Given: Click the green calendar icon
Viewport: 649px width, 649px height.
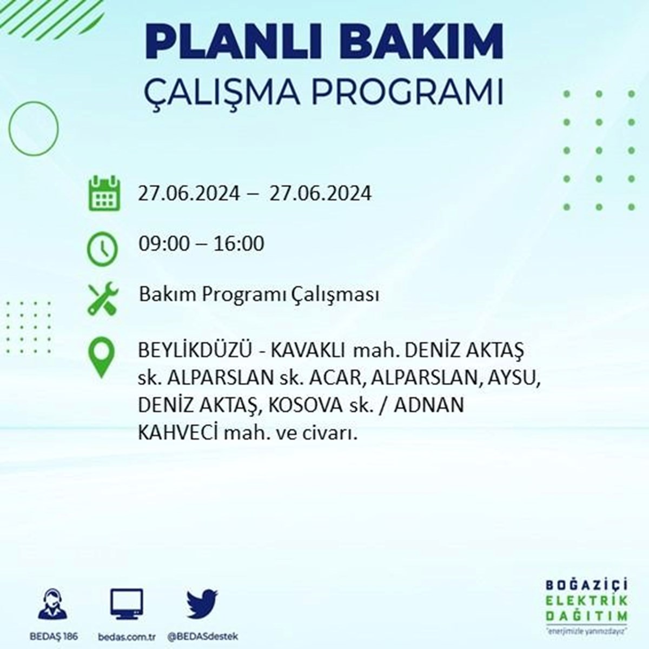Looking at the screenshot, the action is coord(104,193).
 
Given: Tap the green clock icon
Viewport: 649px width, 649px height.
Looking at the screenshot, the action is coord(102,249).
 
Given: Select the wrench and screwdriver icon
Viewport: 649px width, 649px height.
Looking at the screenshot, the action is coord(103,299).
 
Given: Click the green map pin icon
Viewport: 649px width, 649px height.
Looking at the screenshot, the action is coord(102,357).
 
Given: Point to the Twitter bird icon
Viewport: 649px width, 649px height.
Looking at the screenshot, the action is coord(202,604).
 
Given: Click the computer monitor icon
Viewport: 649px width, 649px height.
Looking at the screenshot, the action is coord(127,605).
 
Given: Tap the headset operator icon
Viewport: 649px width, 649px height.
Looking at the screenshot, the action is coord(53,604).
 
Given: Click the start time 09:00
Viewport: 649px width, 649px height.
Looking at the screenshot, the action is coord(164,244).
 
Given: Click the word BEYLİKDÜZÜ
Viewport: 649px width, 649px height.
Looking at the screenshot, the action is coord(195,350).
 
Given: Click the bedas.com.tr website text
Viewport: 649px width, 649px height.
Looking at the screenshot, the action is coord(127,636).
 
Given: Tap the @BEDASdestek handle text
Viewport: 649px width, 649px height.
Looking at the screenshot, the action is coord(203,636).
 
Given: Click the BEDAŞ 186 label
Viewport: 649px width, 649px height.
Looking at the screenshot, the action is coord(54,636).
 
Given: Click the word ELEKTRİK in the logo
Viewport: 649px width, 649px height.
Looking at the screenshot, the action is coord(587,610).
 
